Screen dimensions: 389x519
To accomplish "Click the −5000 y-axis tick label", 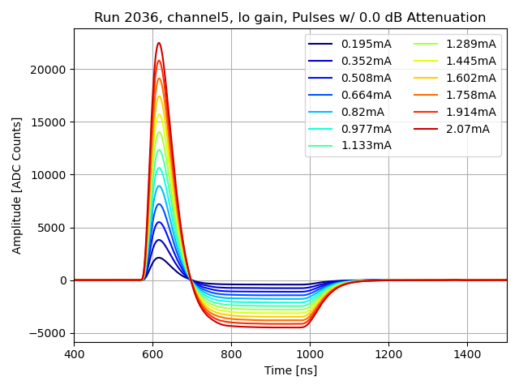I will [50, 333].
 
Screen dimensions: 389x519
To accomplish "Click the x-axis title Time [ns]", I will [290, 370].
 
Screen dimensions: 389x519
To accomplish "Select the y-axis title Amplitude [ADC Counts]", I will [17, 186].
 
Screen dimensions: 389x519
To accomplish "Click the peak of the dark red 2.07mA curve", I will [159, 43].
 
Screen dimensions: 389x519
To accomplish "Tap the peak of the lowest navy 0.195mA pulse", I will [159, 258].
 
